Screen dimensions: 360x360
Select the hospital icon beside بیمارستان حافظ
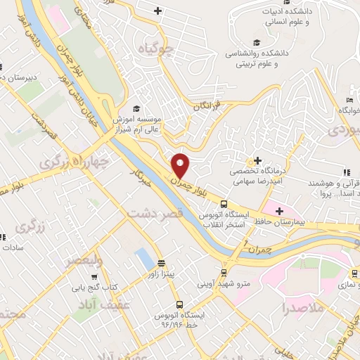coord(280,210)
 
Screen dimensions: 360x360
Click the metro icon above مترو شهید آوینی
coord(224,272)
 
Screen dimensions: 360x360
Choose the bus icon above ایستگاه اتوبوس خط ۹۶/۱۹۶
coord(180,304)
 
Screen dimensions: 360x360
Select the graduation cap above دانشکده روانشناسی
coord(256,42)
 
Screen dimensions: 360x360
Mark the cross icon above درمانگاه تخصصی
coord(258,161)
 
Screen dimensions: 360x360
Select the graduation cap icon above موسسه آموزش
coord(136,108)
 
